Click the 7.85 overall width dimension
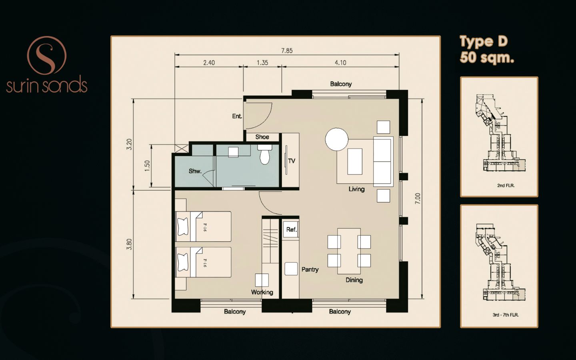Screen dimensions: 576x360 tap(287, 51)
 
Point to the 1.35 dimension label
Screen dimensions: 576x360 tap(262, 63)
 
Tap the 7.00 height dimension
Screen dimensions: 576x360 tap(418, 198)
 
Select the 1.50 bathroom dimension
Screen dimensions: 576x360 tap(147, 166)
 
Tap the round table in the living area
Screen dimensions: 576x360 tap(337, 139)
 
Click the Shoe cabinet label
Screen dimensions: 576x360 tap(262, 137)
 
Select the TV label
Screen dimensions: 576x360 tap(292, 161)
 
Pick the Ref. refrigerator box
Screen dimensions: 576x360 tap(291, 230)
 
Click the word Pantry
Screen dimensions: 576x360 tap(310, 270)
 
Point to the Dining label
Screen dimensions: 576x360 tap(354, 280)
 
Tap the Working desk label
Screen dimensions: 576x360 tap(262, 292)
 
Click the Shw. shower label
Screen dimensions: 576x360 tap(195, 171)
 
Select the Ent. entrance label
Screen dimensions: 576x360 tap(237, 116)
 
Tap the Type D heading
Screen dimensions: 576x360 tap(484, 42)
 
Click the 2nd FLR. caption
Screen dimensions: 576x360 tap(506, 186)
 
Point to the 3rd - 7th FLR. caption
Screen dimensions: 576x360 tap(506, 315)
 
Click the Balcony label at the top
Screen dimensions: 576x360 tap(341, 84)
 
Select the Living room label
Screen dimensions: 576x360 tap(356, 189)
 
